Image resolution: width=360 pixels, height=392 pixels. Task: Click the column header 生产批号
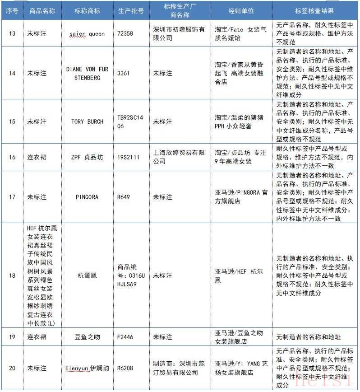click(x=131, y=11)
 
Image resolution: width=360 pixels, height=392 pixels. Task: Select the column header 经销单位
click(x=241, y=11)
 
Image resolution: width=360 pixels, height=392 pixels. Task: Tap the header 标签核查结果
click(x=315, y=11)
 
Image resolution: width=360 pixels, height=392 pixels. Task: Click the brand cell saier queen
click(x=87, y=33)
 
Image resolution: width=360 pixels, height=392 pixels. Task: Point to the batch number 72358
click(x=125, y=33)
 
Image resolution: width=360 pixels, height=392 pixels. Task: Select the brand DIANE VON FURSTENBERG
click(x=87, y=73)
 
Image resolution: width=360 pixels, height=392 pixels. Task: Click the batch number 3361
click(x=123, y=73)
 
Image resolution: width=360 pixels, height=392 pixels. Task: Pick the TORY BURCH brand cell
click(x=87, y=121)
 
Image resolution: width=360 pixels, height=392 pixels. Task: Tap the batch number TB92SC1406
click(x=129, y=121)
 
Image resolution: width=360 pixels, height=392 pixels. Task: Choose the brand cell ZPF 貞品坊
click(x=87, y=157)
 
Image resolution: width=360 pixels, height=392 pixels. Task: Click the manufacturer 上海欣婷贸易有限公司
click(x=179, y=157)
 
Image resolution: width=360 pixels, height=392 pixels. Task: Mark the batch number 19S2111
click(x=128, y=157)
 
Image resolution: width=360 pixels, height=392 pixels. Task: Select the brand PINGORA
click(x=87, y=197)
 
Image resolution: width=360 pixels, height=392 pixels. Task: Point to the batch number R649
click(x=124, y=197)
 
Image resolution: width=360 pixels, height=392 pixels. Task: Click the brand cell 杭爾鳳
click(x=87, y=275)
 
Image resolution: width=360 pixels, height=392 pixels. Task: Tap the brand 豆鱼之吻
click(x=87, y=337)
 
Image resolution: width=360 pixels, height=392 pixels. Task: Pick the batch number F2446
click(x=125, y=337)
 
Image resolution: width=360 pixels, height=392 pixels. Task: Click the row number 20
click(x=12, y=368)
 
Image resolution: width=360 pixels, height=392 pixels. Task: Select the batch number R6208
click(x=125, y=368)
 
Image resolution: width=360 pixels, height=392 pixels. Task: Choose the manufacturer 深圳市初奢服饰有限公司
click(x=179, y=33)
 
